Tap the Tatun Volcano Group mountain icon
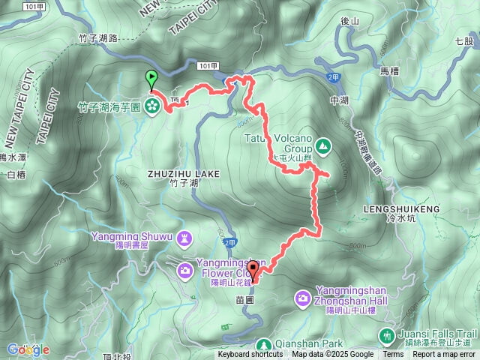323,145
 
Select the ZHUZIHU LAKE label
184,173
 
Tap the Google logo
28,349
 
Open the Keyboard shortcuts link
250,355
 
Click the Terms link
393,355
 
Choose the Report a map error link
444,355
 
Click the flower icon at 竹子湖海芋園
152,106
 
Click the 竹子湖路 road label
119,37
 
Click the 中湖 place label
339,99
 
